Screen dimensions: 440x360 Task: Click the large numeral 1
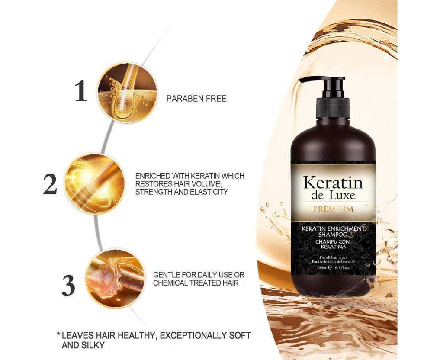[81, 91]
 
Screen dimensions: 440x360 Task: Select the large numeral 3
[68, 286]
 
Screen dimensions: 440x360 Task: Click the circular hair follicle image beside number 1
[127, 93]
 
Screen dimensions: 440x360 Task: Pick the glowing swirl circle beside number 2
[95, 184]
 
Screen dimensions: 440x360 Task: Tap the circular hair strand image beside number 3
[115, 279]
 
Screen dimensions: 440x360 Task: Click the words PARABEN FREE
[196, 99]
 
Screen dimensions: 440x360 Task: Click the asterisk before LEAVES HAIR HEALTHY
[59, 334]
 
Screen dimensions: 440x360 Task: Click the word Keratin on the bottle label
[333, 183]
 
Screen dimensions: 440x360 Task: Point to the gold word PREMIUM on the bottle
[334, 209]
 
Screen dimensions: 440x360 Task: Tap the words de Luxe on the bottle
[333, 195]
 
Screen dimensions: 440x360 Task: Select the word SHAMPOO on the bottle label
[333, 234]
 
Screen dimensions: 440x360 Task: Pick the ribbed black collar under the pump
[333, 108]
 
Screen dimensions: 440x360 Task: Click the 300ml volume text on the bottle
[321, 267]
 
